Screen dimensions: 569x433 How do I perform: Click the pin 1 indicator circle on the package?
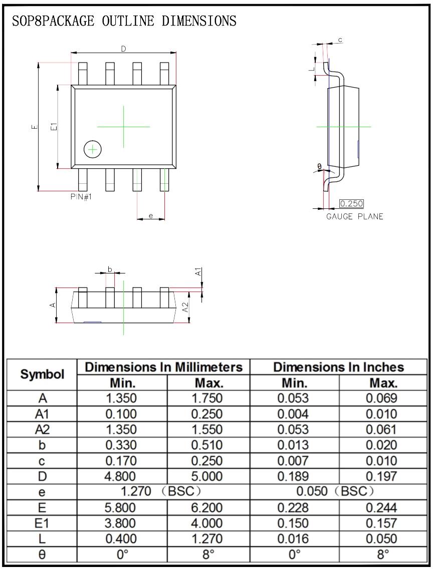coord(93,149)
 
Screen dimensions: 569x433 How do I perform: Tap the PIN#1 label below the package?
coord(81,197)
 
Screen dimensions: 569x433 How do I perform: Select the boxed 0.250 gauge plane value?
coord(351,204)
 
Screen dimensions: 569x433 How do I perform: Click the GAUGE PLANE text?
coord(354,216)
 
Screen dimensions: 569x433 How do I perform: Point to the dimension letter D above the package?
coord(123,49)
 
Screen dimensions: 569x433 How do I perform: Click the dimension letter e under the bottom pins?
coord(150,216)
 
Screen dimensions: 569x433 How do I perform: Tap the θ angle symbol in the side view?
coord(319,167)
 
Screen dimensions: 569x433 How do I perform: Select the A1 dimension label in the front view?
coord(198,272)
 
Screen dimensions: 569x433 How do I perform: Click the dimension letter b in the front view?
coord(110,269)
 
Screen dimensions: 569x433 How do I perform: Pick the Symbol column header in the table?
coord(42,374)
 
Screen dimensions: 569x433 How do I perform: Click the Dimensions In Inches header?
coord(338,367)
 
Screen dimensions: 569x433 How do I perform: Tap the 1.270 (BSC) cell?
coord(163,492)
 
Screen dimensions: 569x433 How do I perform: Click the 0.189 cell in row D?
coord(294,476)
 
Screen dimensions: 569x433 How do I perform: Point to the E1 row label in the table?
coord(42,523)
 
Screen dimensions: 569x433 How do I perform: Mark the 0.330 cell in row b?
coord(121,445)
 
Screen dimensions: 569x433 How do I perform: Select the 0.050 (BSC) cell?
coord(338,492)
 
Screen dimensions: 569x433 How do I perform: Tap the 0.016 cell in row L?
coord(294,539)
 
